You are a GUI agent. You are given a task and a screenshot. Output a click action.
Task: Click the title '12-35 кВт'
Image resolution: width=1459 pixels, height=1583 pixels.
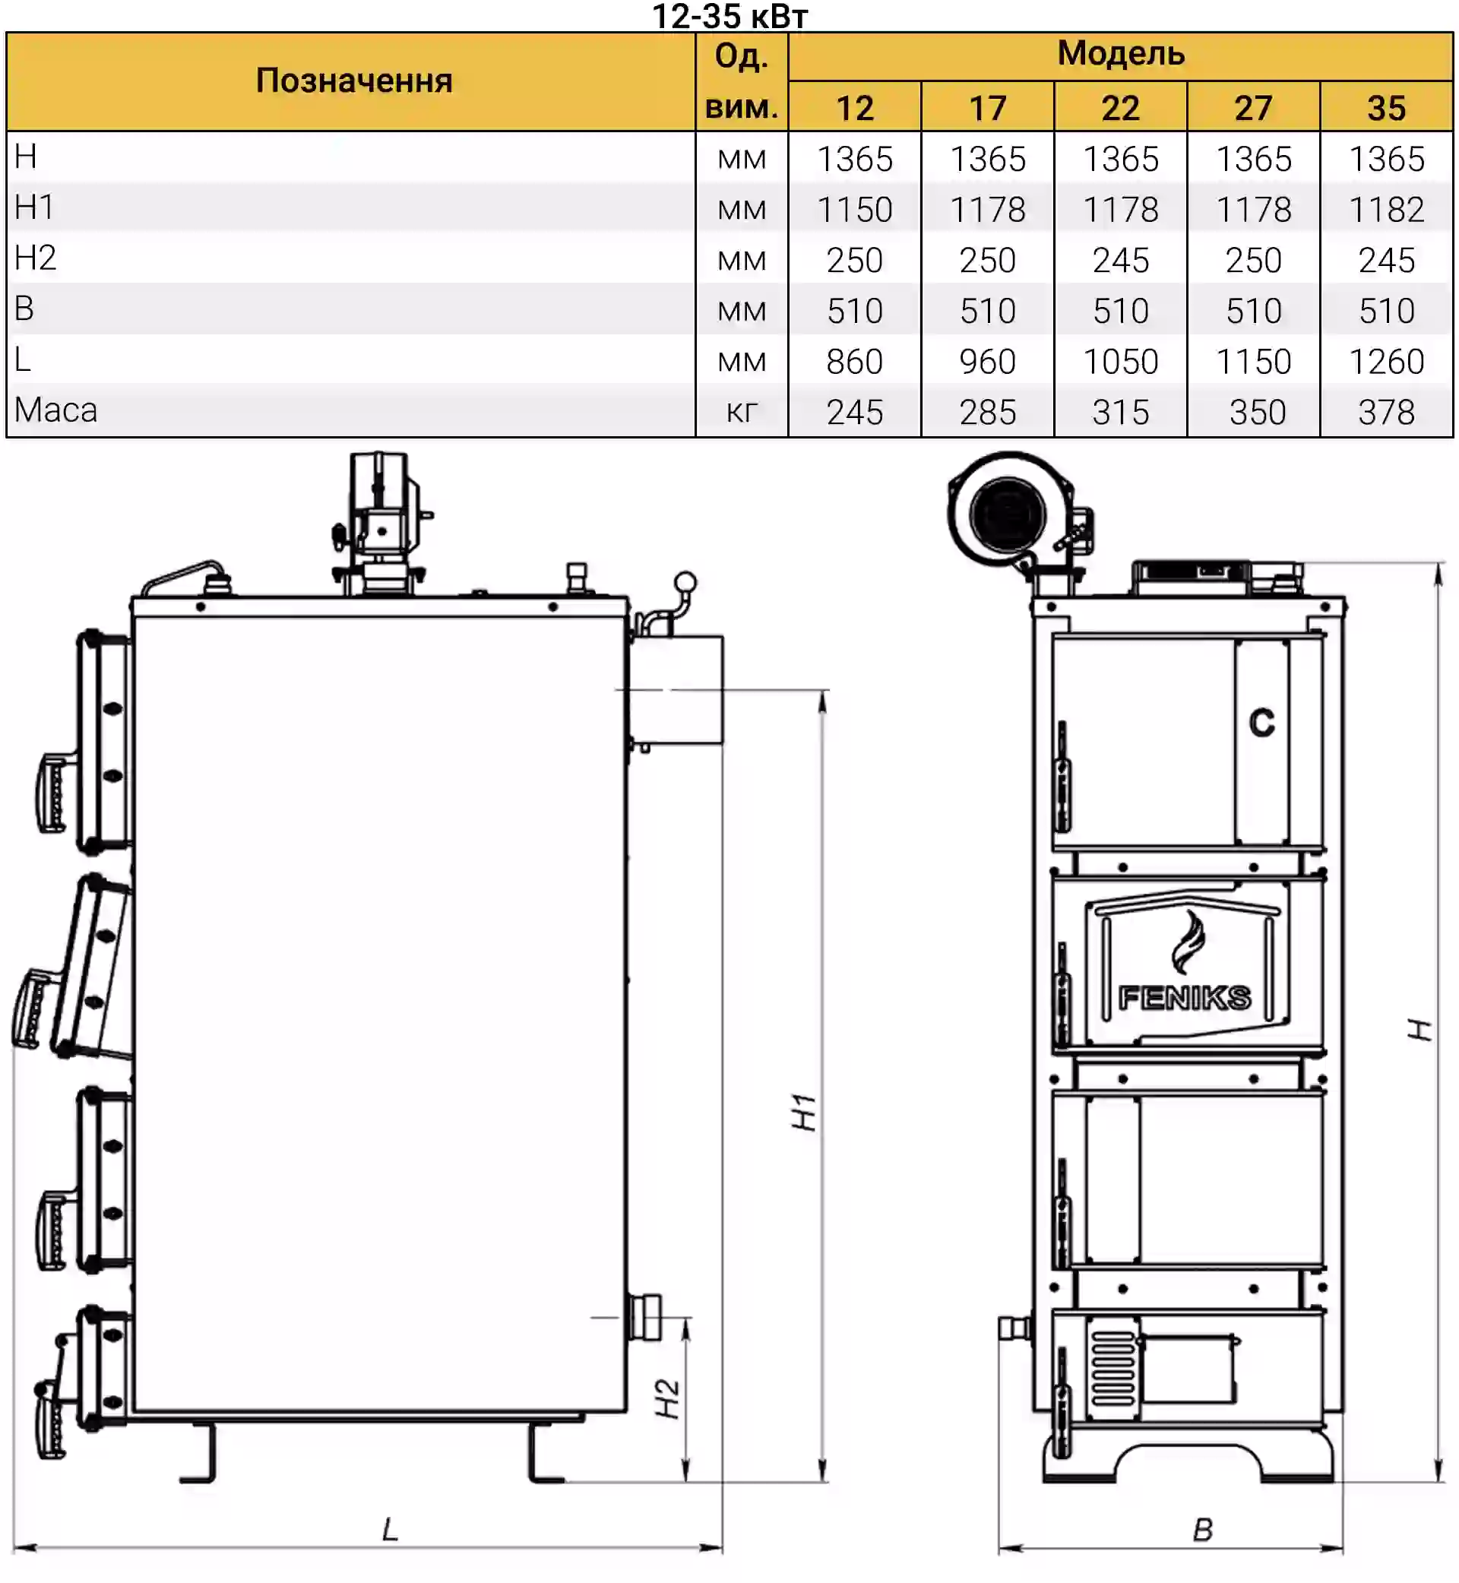[729, 16]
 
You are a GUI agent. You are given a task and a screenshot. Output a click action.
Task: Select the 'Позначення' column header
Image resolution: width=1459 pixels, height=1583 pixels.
[353, 81]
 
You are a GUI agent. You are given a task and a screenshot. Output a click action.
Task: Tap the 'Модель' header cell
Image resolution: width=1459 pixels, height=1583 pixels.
[1120, 55]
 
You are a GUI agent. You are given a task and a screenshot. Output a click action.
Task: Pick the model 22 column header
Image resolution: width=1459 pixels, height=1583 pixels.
[1120, 108]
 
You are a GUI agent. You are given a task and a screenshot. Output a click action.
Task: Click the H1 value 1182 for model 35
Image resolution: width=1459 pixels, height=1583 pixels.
[1386, 210]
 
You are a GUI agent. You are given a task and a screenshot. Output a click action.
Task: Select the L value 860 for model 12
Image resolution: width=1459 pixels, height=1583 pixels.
[854, 362]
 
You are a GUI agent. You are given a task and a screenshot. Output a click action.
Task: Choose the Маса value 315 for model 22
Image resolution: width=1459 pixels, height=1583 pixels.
[1120, 412]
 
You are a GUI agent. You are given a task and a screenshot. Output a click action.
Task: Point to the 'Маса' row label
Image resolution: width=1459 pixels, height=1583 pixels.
[56, 410]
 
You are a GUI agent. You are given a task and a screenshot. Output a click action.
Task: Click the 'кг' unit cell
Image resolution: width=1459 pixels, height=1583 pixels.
[742, 411]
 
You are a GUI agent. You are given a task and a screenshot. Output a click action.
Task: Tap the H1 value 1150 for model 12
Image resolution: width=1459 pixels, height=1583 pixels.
[854, 210]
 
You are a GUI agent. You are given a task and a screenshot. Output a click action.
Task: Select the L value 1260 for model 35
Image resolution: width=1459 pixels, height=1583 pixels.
[1386, 362]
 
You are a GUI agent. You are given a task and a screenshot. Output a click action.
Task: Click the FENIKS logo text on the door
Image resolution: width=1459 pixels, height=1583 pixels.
[1184, 999]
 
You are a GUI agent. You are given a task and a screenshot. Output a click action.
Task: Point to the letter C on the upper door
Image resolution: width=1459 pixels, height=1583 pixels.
[1261, 723]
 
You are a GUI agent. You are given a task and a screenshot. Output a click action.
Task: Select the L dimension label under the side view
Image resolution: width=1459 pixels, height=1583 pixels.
[390, 1530]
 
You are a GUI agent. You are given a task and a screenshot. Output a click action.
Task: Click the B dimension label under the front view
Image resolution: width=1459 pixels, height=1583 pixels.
[1202, 1530]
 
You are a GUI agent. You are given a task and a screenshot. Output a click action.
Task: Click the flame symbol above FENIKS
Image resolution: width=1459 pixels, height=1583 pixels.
[1188, 942]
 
